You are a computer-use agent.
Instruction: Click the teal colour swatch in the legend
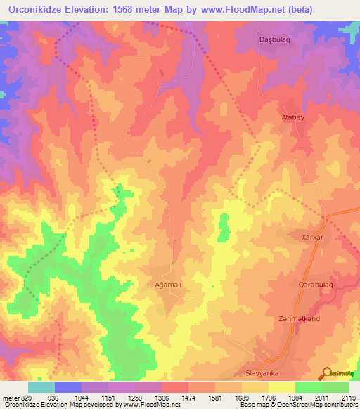[x=41, y=387]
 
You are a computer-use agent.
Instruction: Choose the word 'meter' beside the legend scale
[x=11, y=398]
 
